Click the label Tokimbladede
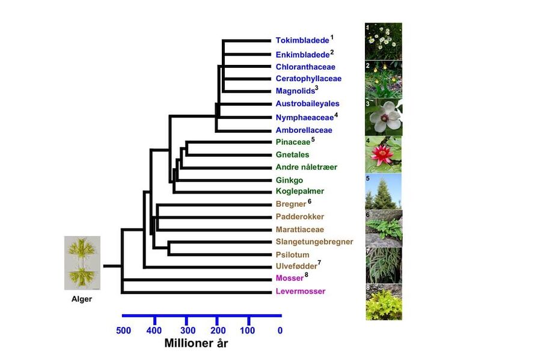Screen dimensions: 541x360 [302, 40]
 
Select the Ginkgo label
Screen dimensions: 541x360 [289, 180]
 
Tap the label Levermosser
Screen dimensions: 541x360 [301, 291]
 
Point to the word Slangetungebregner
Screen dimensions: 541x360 [314, 242]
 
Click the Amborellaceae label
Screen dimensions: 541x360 [304, 130]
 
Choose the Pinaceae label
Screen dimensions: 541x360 [293, 142]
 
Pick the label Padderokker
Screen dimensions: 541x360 [300, 216]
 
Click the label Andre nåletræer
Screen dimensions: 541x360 [307, 167]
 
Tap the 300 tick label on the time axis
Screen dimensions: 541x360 [188, 331]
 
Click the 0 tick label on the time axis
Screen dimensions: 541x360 [280, 331]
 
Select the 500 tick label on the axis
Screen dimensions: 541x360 [123, 331]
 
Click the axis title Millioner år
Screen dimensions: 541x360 [196, 343]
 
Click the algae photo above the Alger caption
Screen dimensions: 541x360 [82, 263]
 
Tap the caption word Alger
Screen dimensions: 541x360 [82, 299]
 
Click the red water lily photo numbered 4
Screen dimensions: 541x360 [384, 154]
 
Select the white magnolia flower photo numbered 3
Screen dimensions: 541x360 [384, 117]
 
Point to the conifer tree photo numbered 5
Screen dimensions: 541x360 [384, 192]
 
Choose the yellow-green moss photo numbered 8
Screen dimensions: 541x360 [384, 302]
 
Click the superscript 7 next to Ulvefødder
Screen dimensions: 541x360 [320, 263]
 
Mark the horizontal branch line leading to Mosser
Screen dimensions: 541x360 [197, 279]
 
